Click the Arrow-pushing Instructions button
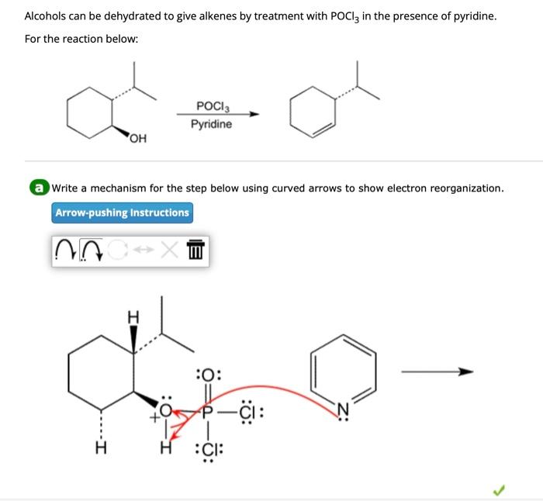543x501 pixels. [122, 212]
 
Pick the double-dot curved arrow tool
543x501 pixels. [92, 250]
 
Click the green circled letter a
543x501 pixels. [38, 188]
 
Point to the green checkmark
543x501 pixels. [500, 489]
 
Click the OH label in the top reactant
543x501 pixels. [137, 139]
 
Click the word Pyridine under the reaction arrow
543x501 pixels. [211, 124]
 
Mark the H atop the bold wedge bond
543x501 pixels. [133, 316]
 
